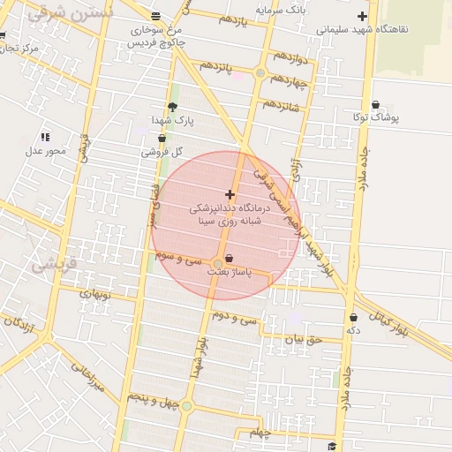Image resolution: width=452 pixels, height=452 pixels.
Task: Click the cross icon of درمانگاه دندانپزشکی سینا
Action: [230, 194]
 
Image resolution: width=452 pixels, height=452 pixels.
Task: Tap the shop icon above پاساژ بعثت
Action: [230, 259]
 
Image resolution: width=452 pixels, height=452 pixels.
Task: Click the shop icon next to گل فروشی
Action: [162, 139]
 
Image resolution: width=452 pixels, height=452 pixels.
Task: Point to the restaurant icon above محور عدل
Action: [45, 137]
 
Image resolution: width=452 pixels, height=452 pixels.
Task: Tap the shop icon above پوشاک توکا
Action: [375, 104]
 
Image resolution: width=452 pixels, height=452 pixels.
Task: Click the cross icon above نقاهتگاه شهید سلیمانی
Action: [362, 17]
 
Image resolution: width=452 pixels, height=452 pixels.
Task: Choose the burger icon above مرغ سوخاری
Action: [156, 17]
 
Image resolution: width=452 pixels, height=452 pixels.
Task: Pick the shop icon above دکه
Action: [353, 317]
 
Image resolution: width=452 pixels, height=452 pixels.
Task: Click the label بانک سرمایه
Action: [280, 11]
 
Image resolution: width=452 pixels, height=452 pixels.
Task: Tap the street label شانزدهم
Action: [282, 105]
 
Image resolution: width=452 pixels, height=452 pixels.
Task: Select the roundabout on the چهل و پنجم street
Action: [187, 407]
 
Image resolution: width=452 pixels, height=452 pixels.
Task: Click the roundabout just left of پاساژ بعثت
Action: [217, 263]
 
